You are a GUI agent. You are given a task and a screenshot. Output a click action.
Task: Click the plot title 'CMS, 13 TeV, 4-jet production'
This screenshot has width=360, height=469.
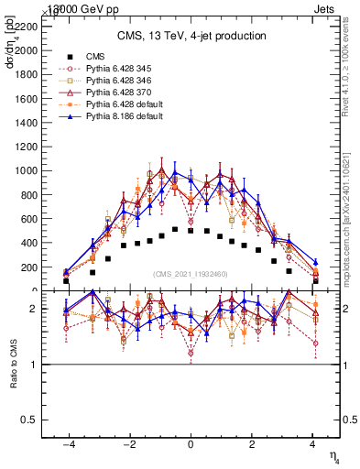[x=191, y=37]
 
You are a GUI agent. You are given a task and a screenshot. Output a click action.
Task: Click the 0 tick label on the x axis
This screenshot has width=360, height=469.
[x=191, y=443]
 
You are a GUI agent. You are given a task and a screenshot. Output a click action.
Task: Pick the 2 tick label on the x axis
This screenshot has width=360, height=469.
[x=252, y=443]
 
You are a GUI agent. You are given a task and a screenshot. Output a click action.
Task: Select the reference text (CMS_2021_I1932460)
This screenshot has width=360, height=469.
[x=191, y=274]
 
